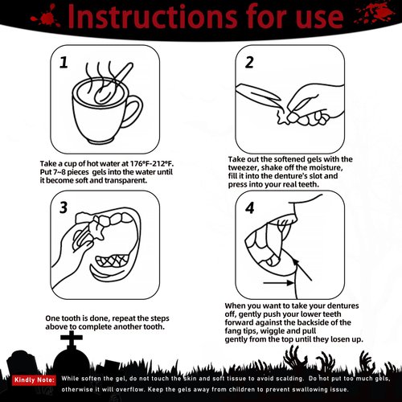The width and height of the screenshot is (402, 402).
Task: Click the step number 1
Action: point(64,63)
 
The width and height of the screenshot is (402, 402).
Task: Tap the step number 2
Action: point(249,63)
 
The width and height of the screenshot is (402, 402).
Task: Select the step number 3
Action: point(64,207)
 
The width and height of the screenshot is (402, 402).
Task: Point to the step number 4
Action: point(250,208)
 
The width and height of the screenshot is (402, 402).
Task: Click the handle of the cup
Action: point(133,110)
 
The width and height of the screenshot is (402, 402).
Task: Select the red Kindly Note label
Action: point(34,379)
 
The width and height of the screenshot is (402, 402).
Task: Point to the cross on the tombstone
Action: point(72,339)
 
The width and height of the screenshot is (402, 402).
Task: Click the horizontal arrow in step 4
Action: point(279,282)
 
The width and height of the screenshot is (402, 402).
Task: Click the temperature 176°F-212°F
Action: point(152,163)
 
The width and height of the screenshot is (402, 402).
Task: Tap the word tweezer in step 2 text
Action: point(244,168)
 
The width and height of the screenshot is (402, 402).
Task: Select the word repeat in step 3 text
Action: point(124,318)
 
